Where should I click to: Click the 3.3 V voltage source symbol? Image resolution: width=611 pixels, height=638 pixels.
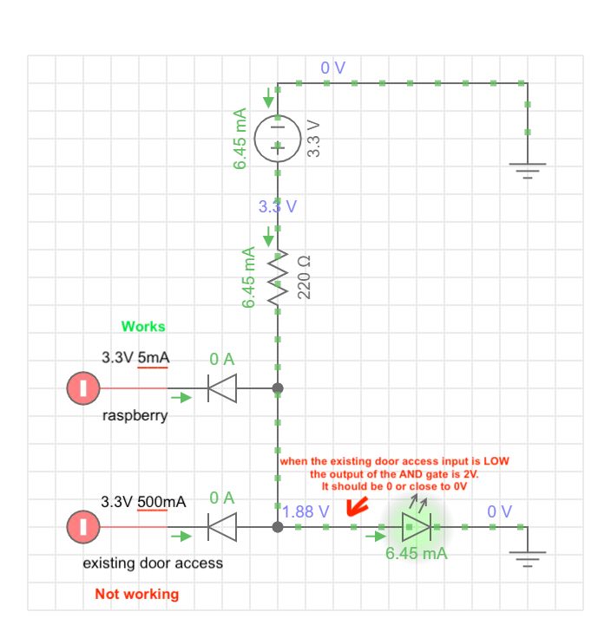click(x=278, y=136)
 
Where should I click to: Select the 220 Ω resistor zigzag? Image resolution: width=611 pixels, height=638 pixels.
click(x=278, y=277)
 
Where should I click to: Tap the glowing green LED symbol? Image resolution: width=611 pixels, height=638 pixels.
click(x=417, y=526)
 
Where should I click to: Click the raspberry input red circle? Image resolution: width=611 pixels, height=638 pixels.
click(x=83, y=387)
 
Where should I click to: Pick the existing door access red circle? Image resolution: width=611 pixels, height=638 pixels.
click(x=83, y=526)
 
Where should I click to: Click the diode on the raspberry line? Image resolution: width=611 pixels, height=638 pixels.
click(x=222, y=388)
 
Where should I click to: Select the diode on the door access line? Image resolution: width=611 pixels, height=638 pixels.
click(x=222, y=526)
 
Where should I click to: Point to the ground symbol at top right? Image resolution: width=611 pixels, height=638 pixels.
click(x=527, y=168)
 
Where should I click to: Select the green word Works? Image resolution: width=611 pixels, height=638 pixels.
click(x=143, y=327)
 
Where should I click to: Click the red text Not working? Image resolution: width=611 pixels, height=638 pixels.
click(x=137, y=594)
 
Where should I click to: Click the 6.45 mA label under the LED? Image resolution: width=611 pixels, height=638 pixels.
click(x=417, y=553)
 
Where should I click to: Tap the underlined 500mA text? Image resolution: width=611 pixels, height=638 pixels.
click(x=161, y=502)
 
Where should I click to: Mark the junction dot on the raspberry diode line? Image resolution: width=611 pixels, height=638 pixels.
click(x=278, y=388)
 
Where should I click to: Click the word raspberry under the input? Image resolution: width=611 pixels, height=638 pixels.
click(x=135, y=415)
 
